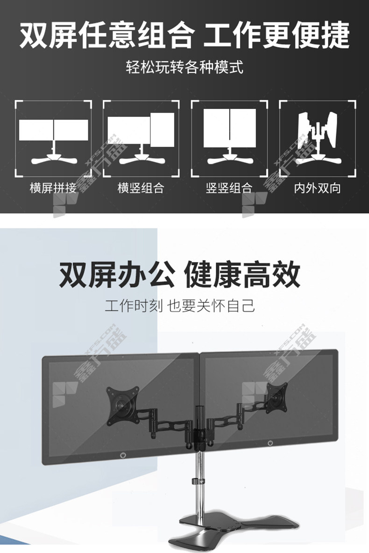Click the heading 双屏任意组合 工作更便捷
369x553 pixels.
(184, 35)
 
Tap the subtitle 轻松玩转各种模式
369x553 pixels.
(184, 67)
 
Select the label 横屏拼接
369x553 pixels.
(53, 188)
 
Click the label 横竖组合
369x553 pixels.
(141, 188)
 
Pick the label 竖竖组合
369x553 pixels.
(229, 188)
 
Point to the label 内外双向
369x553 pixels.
(318, 188)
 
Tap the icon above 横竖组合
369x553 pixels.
(141, 138)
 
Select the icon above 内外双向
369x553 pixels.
(318, 138)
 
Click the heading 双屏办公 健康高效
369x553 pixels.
(179, 274)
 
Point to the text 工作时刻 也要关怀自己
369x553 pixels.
(180, 306)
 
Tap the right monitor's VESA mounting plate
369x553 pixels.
(277, 398)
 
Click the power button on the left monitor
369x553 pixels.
(123, 455)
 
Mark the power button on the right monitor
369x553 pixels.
(270, 443)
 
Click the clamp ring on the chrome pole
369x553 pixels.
(199, 480)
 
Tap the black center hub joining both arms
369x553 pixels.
(201, 429)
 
